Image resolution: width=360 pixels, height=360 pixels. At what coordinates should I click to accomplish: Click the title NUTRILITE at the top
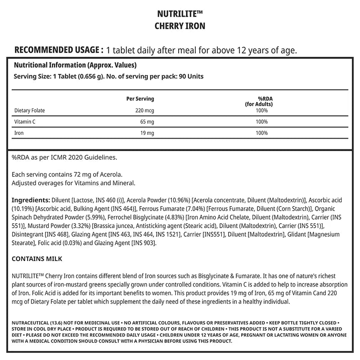[180, 14]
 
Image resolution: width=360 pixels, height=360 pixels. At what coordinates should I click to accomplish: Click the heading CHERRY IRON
[180, 26]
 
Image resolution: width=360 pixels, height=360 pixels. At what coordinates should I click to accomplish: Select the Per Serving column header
[141, 99]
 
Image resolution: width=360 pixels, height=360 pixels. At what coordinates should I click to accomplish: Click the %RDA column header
[262, 99]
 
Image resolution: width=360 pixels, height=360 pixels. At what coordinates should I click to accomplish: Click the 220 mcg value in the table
[145, 110]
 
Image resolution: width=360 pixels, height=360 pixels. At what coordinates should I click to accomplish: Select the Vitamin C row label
[25, 121]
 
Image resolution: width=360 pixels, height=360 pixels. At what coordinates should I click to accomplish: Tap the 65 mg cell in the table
[148, 121]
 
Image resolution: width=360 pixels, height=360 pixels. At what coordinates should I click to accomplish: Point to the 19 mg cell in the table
[148, 133]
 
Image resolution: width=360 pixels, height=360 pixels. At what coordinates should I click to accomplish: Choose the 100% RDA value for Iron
[262, 133]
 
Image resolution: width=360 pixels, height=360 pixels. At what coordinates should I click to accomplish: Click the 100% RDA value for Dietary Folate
[262, 110]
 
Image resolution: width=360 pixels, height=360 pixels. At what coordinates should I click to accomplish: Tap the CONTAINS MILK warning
[36, 259]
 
